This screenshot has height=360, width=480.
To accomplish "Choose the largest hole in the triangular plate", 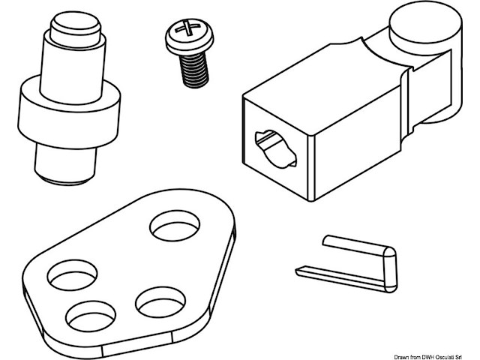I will pyautogui.click(x=177, y=225).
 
